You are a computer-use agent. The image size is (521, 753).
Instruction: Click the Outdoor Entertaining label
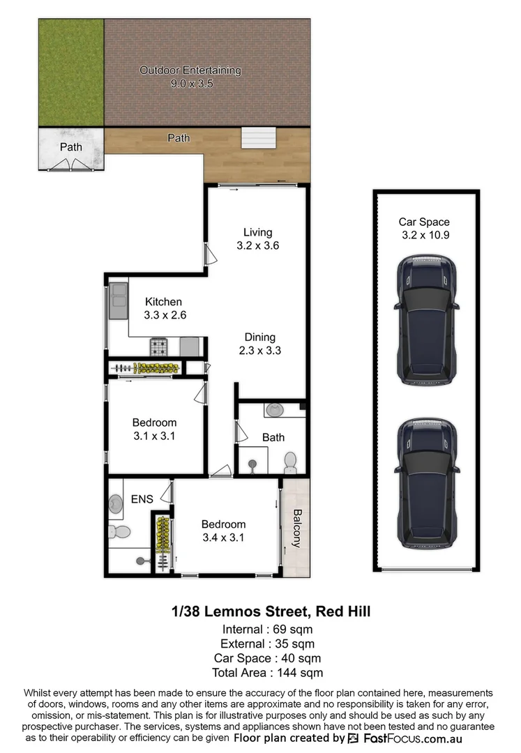click(190, 77)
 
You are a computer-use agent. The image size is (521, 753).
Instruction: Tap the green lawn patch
click(70, 73)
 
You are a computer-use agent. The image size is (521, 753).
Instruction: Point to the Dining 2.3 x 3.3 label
click(259, 344)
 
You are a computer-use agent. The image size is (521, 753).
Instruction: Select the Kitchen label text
click(164, 308)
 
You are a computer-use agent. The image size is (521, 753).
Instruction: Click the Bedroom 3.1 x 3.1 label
click(154, 429)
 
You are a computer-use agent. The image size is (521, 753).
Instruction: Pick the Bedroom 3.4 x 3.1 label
click(223, 531)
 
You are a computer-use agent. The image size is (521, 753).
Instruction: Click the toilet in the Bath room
click(290, 462)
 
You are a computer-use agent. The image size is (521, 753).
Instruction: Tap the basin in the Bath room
click(274, 411)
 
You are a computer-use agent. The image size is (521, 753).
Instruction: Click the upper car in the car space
click(427, 319)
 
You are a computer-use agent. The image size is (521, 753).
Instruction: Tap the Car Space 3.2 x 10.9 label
click(424, 229)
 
